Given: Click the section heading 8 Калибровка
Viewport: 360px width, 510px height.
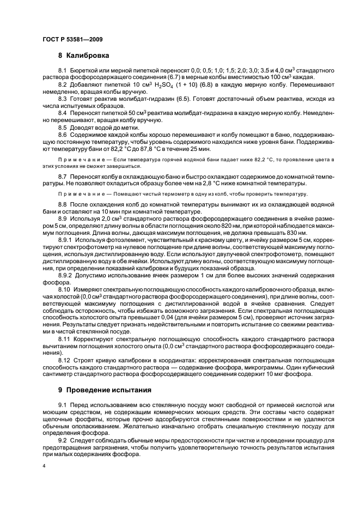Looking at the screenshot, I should coord(83,56).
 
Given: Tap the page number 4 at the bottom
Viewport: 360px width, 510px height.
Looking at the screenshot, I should coord(44,466).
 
